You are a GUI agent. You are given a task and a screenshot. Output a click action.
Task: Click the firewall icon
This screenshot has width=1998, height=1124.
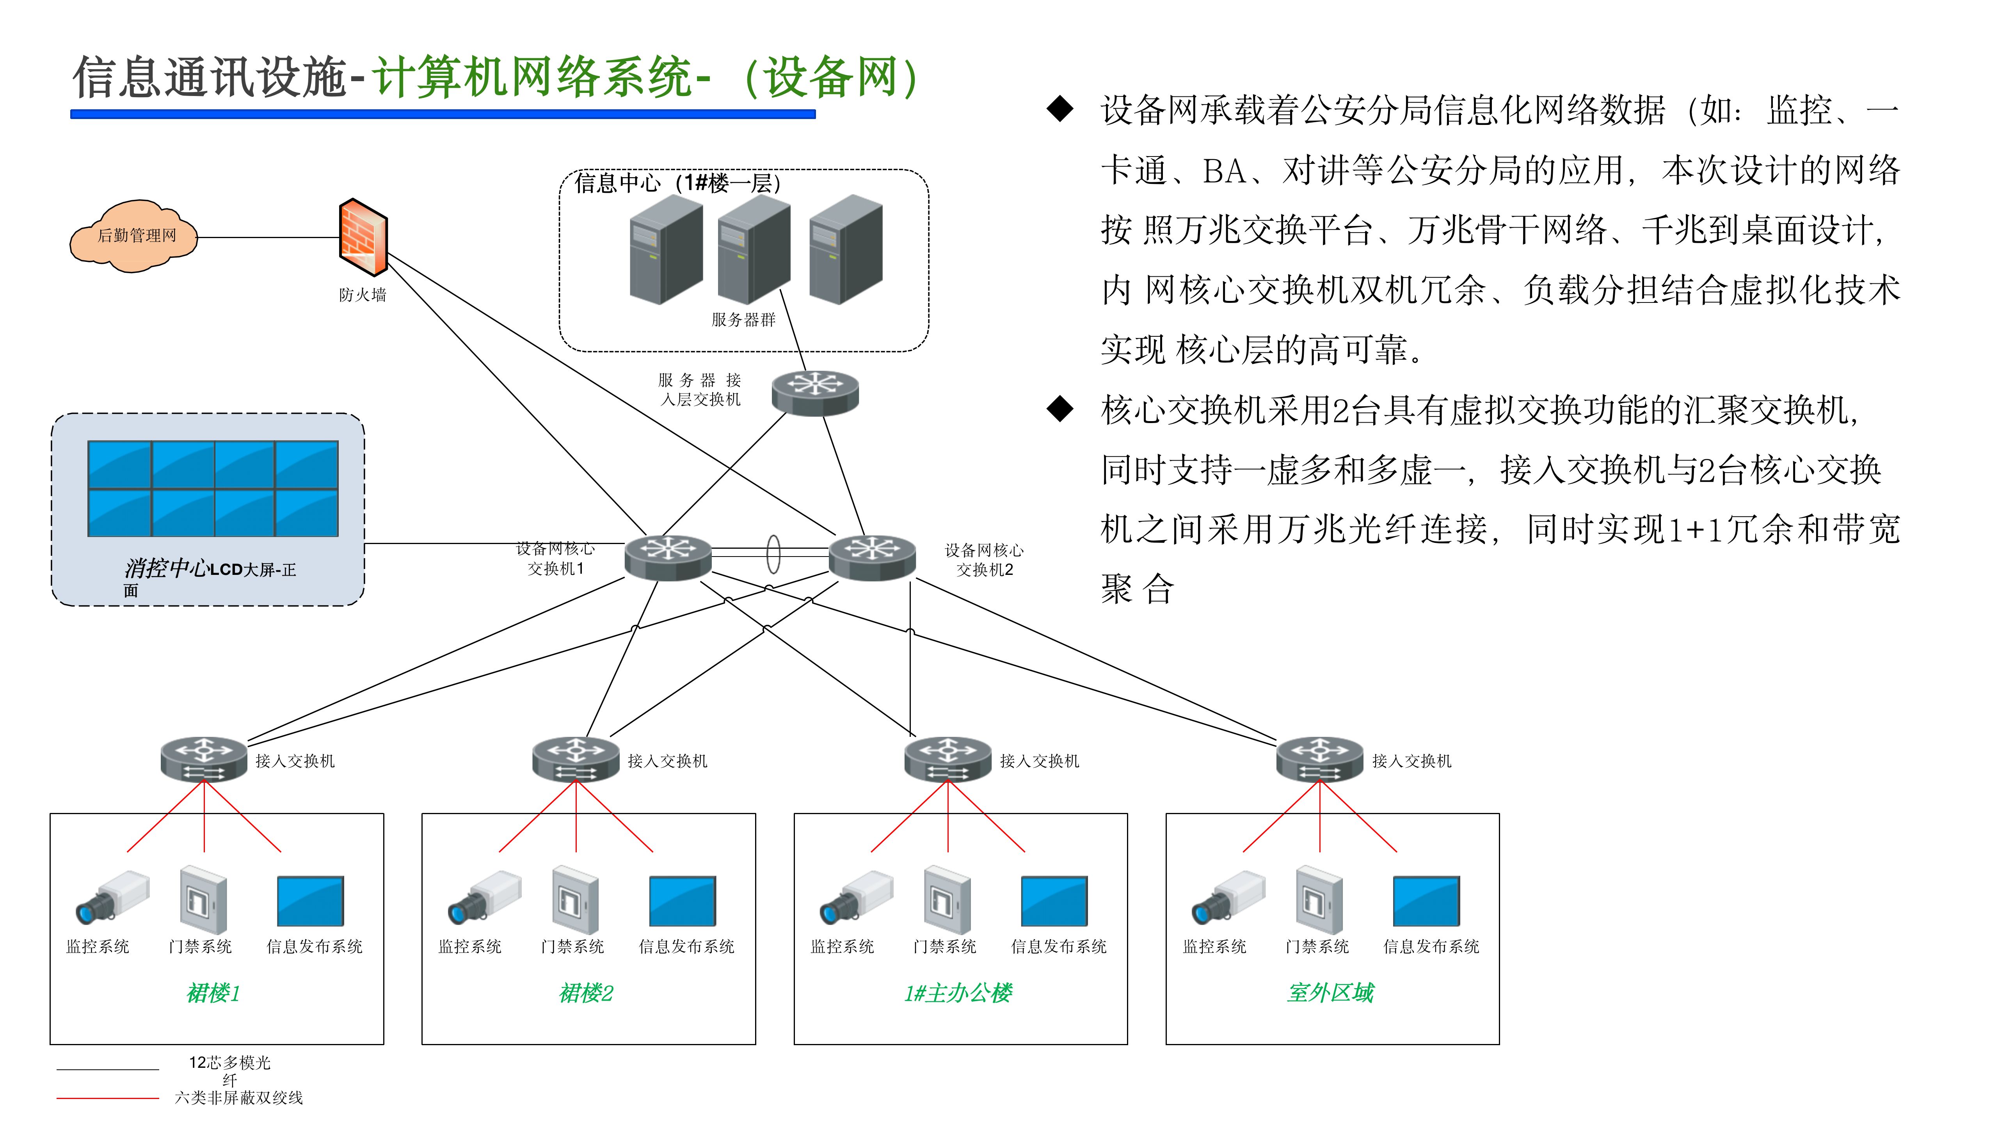click(x=363, y=237)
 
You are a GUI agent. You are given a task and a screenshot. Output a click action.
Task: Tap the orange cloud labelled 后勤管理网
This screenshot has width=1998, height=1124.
click(x=134, y=236)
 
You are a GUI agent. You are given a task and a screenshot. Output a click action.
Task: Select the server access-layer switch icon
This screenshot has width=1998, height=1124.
click(x=815, y=392)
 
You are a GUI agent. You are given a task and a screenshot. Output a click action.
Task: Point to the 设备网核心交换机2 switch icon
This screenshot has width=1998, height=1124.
click(x=873, y=556)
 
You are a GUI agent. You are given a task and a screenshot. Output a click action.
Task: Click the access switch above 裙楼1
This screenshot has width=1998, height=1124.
click(x=204, y=759)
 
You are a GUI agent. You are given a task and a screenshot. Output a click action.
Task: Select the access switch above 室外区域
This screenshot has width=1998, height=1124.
click(x=1319, y=759)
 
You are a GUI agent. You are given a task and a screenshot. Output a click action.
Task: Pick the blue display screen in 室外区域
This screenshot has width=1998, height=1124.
click(x=1426, y=901)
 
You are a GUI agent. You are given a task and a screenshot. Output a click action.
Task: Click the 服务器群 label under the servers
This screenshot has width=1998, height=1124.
click(x=743, y=320)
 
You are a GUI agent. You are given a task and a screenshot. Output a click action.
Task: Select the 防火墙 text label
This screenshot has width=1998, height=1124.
click(x=362, y=295)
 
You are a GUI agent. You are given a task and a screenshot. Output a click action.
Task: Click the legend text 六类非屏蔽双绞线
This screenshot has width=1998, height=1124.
click(x=239, y=1097)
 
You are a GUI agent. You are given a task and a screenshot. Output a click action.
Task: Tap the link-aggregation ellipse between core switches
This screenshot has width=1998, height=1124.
click(x=773, y=554)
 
